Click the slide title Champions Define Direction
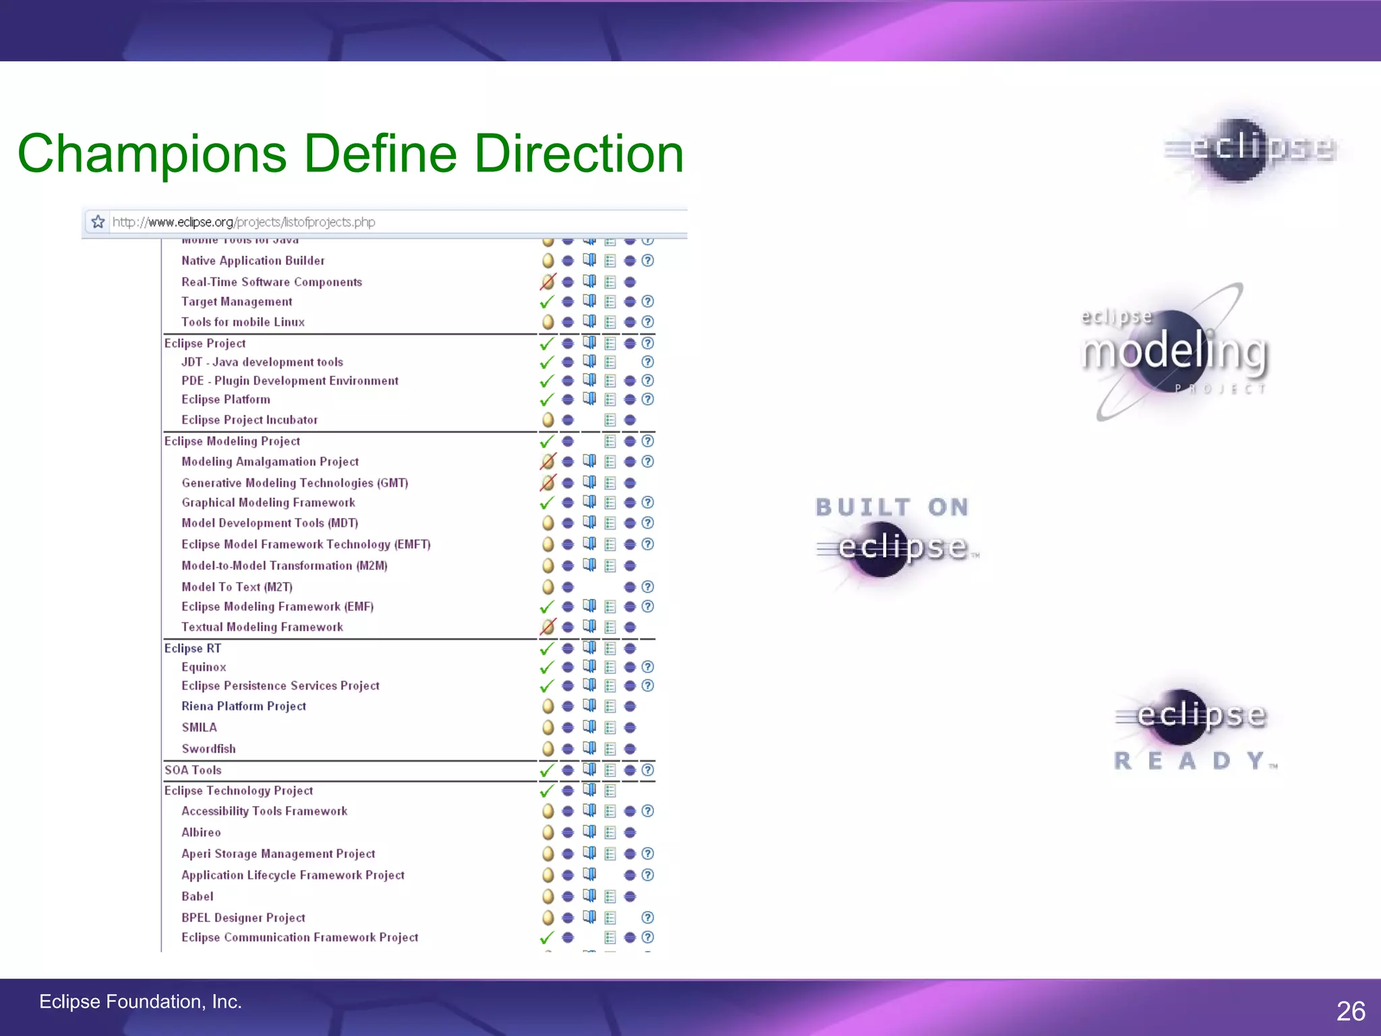tap(350, 154)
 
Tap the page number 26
tap(1350, 1011)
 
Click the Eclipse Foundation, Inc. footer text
tap(140, 1002)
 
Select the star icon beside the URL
tap(98, 222)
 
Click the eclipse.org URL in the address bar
tap(243, 222)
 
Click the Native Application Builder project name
tap(253, 261)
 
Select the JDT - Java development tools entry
tap(262, 362)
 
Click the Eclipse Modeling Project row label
tap(232, 441)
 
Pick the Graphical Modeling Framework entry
tap(268, 502)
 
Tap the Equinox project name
tap(204, 667)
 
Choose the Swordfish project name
tap(208, 749)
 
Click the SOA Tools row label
tap(193, 770)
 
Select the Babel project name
tap(197, 896)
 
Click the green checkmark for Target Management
tap(547, 301)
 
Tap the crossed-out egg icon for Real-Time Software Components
tap(548, 282)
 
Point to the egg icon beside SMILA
tap(548, 728)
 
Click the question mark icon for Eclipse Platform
tap(647, 399)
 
